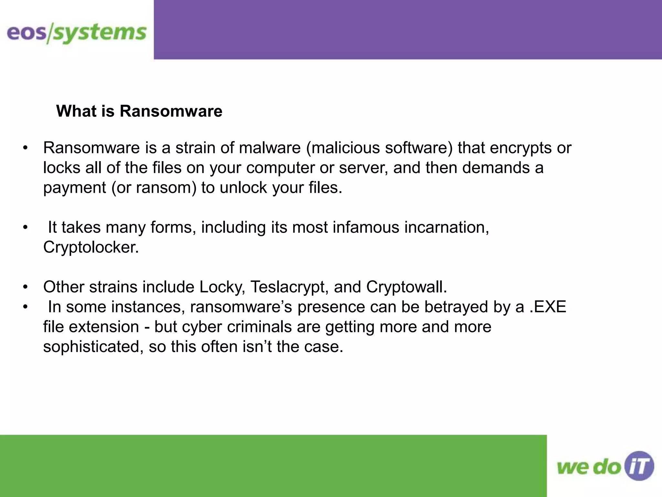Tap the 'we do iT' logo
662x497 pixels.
(605, 466)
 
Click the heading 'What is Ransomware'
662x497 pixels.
(139, 111)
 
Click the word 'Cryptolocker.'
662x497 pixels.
(91, 247)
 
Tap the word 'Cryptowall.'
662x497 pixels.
(406, 287)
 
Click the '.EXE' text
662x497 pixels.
(548, 307)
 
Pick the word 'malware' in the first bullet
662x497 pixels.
(270, 148)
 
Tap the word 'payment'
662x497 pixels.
(75, 188)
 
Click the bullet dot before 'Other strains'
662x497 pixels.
(26, 287)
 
